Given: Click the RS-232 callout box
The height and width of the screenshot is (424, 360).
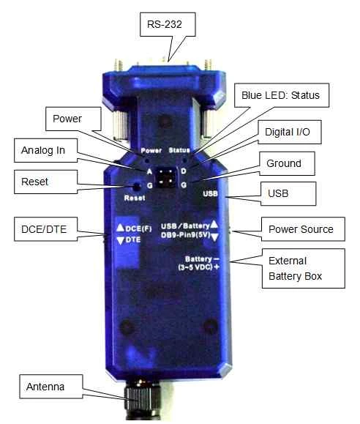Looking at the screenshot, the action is click(x=168, y=24).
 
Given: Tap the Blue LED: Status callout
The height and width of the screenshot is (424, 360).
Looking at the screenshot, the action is click(x=282, y=95).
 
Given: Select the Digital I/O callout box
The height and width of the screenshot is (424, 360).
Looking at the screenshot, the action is click(x=290, y=132).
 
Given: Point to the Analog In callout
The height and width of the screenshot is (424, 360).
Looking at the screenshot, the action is click(x=45, y=150).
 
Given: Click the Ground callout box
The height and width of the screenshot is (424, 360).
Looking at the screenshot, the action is click(x=287, y=163).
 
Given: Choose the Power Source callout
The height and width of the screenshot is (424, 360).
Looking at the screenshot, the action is click(x=303, y=229).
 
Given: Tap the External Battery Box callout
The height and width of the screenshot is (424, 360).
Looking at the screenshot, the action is click(x=303, y=268).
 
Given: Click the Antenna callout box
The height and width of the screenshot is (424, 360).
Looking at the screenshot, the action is click(x=51, y=387).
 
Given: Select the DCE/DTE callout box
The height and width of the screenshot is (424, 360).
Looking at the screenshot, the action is click(x=45, y=229).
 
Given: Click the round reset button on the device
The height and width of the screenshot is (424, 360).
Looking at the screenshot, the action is click(x=137, y=186).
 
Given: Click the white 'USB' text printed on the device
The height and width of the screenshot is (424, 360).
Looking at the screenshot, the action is click(x=210, y=193).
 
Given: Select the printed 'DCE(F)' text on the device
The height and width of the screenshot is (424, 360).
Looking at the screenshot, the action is click(x=138, y=228).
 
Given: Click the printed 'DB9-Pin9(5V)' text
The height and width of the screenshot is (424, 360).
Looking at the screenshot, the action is click(x=185, y=235).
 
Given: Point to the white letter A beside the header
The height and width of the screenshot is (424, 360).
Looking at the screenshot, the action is click(x=149, y=171).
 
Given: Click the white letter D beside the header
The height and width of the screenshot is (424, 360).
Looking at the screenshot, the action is click(x=184, y=171).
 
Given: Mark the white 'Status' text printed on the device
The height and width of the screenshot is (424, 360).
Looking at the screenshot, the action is click(x=179, y=150).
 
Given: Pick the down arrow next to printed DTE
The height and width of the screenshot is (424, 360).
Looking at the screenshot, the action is click(x=121, y=240).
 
